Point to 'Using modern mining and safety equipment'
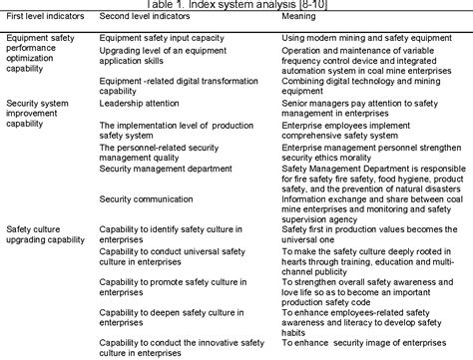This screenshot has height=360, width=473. click(x=349, y=37)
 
